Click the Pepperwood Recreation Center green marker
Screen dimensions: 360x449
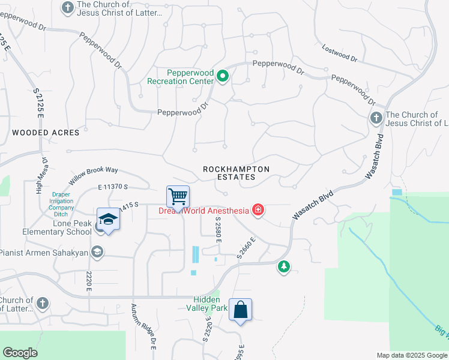[x=223, y=76]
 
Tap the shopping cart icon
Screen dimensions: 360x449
[x=178, y=196]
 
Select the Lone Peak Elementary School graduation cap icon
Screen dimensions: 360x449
[x=108, y=219]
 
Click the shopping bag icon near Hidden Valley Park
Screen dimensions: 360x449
[x=240, y=310]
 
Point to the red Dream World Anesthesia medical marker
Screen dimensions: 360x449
[x=258, y=210]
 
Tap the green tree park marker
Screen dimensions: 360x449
[x=283, y=266]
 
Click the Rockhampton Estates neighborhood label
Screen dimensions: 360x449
[x=236, y=173]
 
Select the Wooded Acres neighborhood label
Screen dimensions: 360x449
[x=46, y=133]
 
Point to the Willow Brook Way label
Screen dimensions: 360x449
[x=93, y=176]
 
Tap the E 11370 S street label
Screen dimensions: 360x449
[x=118, y=188]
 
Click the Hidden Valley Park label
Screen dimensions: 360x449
[x=210, y=304]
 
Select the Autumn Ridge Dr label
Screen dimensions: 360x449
[x=144, y=328]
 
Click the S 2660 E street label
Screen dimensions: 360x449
[x=246, y=248]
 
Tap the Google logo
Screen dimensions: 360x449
[x=20, y=353]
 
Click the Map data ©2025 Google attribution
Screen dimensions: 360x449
[x=412, y=355]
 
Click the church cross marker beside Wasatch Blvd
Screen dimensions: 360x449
[x=376, y=118]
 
